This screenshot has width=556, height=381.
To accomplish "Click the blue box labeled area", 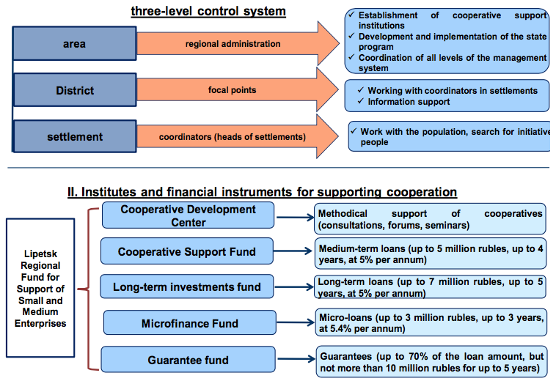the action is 75,43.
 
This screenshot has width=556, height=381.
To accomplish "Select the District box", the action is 75,90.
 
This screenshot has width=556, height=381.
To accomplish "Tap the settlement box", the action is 75,136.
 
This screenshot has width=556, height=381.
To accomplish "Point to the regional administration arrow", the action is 238,43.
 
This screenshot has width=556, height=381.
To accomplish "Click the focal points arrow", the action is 238,90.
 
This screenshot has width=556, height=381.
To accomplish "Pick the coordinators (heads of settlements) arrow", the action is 238,137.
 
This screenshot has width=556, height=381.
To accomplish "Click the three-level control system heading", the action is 208,11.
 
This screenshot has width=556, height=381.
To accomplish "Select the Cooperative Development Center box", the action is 188,215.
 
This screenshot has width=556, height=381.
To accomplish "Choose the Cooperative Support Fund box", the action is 187,251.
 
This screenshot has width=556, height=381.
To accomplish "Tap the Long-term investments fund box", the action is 187,286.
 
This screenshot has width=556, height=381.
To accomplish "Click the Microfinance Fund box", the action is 190,323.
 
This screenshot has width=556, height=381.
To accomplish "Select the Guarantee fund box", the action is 189,360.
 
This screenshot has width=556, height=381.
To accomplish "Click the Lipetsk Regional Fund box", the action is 40,288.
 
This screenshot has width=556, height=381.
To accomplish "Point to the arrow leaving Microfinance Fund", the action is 296,322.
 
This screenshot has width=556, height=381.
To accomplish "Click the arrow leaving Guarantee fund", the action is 296,359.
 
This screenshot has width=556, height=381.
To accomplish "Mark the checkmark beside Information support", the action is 361,101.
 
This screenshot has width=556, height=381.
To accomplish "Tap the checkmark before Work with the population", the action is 354,131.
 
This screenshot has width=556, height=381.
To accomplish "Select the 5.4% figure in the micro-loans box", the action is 341,328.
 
